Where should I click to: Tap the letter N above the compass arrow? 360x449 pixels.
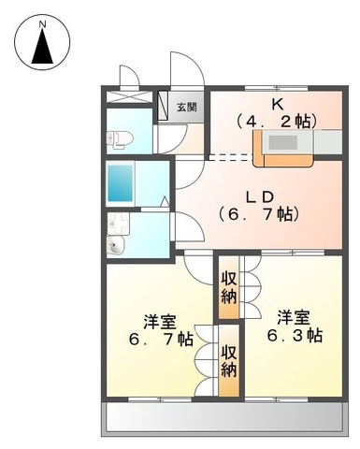point(42,18)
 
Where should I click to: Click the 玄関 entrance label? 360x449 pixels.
point(187,107)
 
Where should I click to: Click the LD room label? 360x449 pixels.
point(258,197)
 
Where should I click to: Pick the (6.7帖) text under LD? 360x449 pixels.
point(258,214)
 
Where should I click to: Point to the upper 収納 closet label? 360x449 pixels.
point(229,287)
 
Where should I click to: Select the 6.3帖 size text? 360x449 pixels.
point(295,336)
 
